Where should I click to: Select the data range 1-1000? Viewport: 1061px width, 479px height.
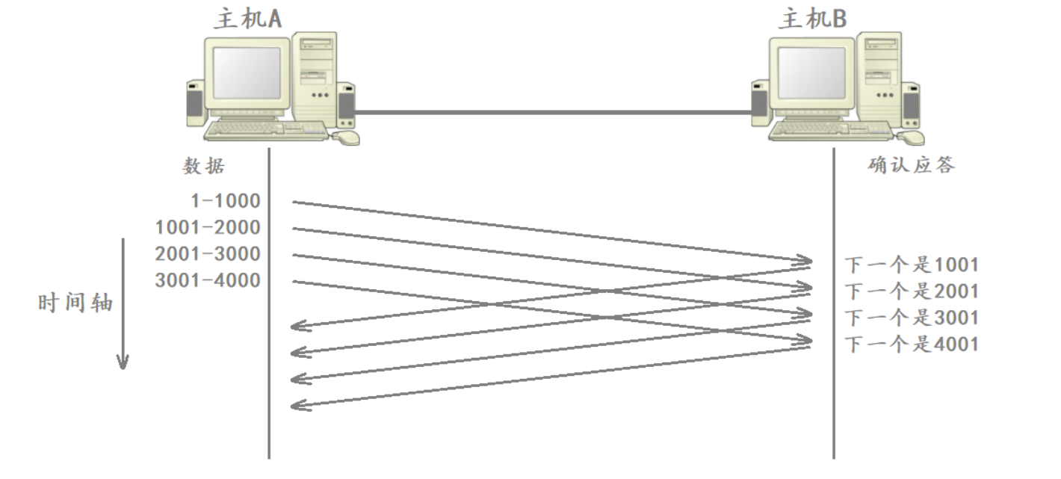click(225, 200)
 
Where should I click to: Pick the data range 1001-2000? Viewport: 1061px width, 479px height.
click(208, 227)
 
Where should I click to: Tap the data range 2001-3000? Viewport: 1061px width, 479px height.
click(208, 254)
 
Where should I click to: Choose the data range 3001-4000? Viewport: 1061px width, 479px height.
click(208, 281)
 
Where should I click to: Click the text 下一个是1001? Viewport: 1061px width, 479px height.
click(911, 265)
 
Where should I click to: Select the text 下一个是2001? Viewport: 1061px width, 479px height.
click(911, 291)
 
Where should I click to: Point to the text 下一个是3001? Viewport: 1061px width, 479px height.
click(911, 318)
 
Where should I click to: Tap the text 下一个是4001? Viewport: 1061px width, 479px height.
click(911, 344)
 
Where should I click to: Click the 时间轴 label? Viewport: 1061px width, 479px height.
click(75, 303)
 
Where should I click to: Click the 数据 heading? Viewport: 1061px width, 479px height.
click(203, 166)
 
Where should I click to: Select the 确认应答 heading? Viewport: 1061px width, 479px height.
click(911, 165)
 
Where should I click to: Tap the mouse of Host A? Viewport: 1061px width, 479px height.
click(345, 137)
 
